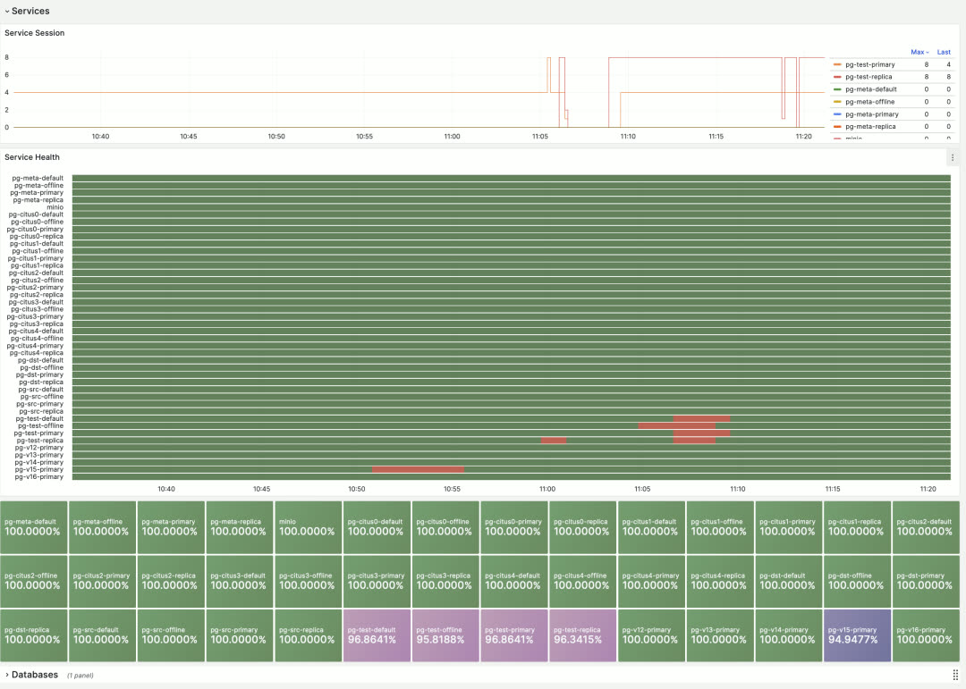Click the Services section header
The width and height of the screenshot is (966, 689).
pyautogui.click(x=30, y=11)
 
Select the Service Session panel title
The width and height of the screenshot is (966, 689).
pyautogui.click(x=34, y=33)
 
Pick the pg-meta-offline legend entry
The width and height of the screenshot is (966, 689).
pyautogui.click(x=869, y=102)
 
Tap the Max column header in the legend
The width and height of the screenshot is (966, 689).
pyautogui.click(x=919, y=52)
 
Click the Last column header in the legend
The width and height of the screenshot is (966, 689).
pyautogui.click(x=944, y=52)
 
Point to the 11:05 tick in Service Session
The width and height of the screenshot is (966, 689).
pyautogui.click(x=539, y=137)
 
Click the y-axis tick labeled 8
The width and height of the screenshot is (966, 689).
pyautogui.click(x=7, y=57)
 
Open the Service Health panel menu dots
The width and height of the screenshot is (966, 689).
pyautogui.click(x=952, y=157)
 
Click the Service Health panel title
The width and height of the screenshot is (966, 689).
pyautogui.click(x=32, y=157)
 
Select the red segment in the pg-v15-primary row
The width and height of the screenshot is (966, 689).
pyautogui.click(x=418, y=469)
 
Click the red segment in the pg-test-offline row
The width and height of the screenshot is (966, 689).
pyautogui.click(x=677, y=425)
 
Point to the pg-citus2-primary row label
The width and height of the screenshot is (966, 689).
pyautogui.click(x=36, y=287)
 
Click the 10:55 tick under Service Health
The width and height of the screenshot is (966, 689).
pyautogui.click(x=452, y=489)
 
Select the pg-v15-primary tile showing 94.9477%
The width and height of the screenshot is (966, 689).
pyautogui.click(x=858, y=635)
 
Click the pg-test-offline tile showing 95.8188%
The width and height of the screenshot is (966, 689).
pyautogui.click(x=445, y=635)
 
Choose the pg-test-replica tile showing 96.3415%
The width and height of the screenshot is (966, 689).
pyautogui.click(x=583, y=635)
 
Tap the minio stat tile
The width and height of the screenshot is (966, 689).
pyautogui.click(x=308, y=527)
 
